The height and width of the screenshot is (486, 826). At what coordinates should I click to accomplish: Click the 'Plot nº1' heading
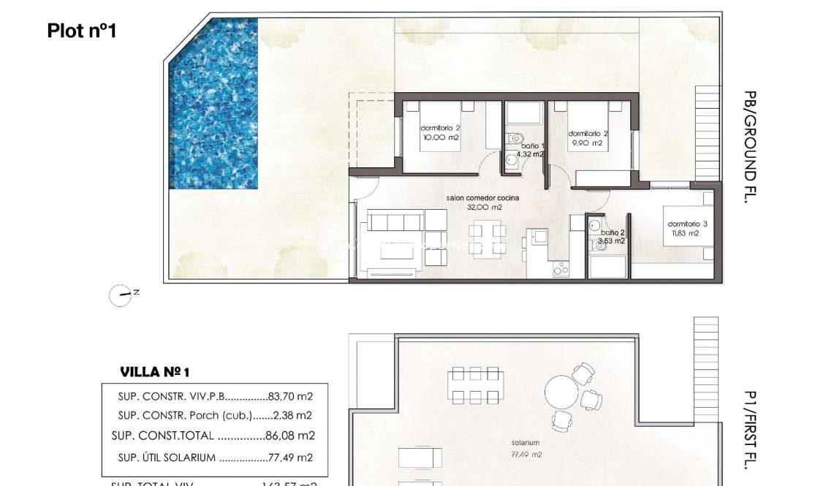[x=82, y=31]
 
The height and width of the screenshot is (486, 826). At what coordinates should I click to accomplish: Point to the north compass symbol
[x=121, y=295]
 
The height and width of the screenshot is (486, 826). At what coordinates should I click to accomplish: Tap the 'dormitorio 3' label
[x=687, y=224]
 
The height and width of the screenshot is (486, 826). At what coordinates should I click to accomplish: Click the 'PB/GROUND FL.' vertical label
[x=749, y=146]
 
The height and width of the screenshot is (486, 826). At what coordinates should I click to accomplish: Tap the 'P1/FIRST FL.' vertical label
[x=749, y=428]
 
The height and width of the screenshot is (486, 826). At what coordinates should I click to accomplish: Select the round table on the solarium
[x=561, y=394]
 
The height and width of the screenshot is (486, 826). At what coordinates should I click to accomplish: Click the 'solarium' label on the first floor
[x=526, y=443]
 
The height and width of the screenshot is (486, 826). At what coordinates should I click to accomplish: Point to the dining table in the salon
[x=487, y=240]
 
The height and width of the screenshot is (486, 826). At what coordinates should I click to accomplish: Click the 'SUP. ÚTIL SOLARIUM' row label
[x=167, y=458]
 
